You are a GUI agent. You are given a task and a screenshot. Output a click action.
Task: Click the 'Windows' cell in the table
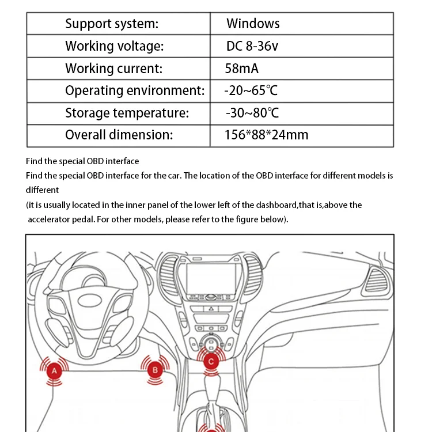click(253, 24)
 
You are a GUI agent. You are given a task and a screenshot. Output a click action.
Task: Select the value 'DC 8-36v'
click(252, 46)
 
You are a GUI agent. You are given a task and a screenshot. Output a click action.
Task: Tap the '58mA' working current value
click(242, 69)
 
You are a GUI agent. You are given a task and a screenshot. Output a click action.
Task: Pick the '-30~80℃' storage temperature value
click(252, 113)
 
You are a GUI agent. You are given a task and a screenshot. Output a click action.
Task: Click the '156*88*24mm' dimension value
click(266, 135)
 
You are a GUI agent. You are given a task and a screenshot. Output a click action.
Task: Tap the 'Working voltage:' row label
click(115, 46)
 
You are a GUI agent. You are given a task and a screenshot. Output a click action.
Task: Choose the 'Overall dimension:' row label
click(119, 135)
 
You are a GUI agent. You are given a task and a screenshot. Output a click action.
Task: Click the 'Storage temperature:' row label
click(127, 113)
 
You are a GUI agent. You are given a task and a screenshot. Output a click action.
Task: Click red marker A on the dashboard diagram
click(54, 370)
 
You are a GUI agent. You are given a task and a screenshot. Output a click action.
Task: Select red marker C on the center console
click(211, 362)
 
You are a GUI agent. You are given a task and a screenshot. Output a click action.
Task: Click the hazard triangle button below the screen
click(211, 309)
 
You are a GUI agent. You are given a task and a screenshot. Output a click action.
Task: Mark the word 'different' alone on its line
click(42, 190)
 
